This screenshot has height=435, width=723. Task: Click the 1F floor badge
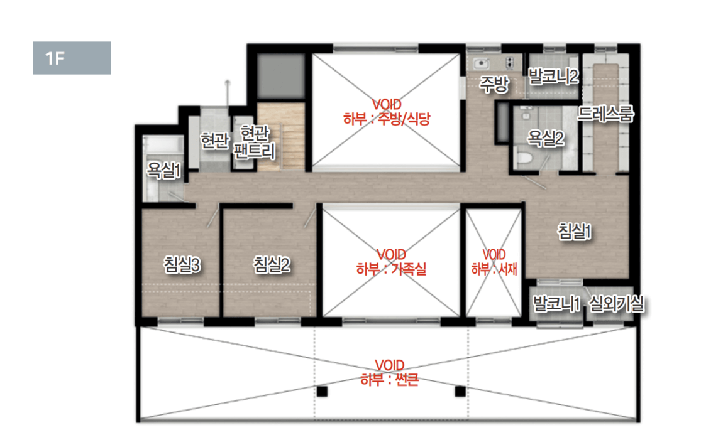pos(72,58)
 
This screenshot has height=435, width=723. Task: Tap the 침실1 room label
pos(575,231)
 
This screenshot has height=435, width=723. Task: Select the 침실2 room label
pos(272,265)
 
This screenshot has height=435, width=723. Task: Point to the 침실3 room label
pos(182,265)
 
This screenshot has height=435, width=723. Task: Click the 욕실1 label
pos(163,170)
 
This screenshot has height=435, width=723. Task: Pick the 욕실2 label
pos(546,138)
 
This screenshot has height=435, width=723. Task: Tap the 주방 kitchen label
pos(494,84)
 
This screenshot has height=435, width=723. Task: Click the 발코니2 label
pos(553,77)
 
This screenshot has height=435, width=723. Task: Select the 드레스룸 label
pos(606,113)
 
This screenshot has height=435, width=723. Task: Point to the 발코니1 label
pos(556,304)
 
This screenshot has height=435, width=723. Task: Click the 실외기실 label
pos(617,304)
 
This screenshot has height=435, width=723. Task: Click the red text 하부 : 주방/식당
pos(387,119)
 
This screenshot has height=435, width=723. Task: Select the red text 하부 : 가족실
pos(391,269)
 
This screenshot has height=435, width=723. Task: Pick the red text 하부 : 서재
pos(494,269)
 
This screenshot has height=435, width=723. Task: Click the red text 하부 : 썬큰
pos(390,380)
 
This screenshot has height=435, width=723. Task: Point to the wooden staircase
pos(281,137)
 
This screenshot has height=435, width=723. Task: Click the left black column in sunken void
pos(323,392)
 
